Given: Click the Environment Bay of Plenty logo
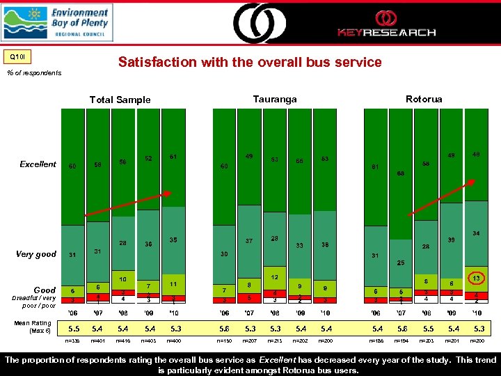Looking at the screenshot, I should point(56,22).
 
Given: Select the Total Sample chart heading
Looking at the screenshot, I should point(120,100).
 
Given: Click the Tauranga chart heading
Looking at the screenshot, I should point(275,99).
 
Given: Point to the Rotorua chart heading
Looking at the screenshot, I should point(424,99).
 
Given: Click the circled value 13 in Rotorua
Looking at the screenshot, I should point(476,279).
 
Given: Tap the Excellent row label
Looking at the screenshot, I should point(38,164).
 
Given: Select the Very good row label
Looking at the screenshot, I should point(35,254).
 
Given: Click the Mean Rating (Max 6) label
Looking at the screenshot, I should point(33,326).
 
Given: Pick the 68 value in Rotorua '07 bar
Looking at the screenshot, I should point(401,173).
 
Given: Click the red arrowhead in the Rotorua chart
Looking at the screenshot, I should point(473,180).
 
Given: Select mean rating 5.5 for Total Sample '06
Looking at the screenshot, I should point(72,327).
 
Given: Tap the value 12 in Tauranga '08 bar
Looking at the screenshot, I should point(275,277).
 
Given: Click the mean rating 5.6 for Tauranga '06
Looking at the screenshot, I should point(223,327).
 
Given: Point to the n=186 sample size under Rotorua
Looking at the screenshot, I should point(376,342).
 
